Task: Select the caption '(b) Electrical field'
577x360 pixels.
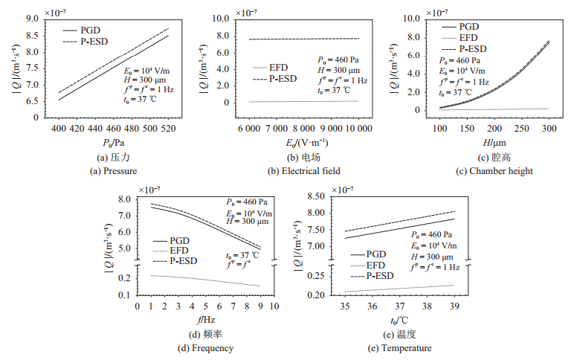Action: click(304, 171)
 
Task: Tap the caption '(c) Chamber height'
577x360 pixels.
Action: click(496, 171)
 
